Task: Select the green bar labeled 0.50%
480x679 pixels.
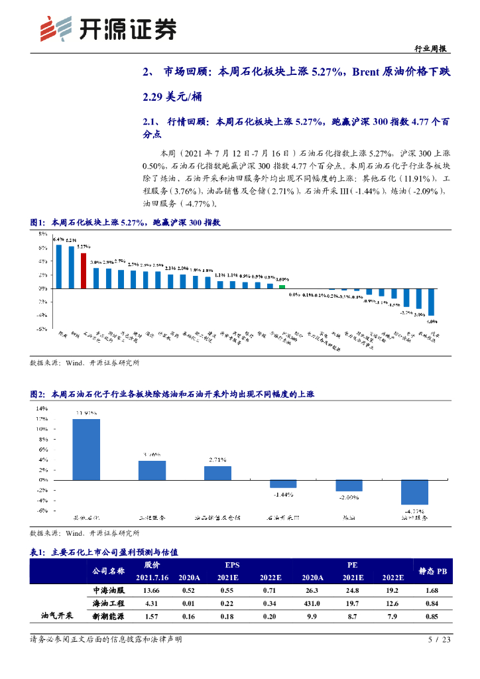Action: [x=282, y=286]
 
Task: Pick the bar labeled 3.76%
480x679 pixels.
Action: [x=152, y=469]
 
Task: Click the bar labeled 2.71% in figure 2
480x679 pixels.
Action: [x=217, y=472]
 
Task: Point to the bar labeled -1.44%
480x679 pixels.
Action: [x=283, y=483]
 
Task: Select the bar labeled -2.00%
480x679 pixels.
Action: [x=349, y=485]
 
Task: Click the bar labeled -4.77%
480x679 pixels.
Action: [x=414, y=491]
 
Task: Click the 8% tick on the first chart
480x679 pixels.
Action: [x=41, y=234]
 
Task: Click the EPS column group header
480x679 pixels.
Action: [x=232, y=565]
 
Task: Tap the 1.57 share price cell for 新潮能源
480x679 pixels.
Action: [x=152, y=617]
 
